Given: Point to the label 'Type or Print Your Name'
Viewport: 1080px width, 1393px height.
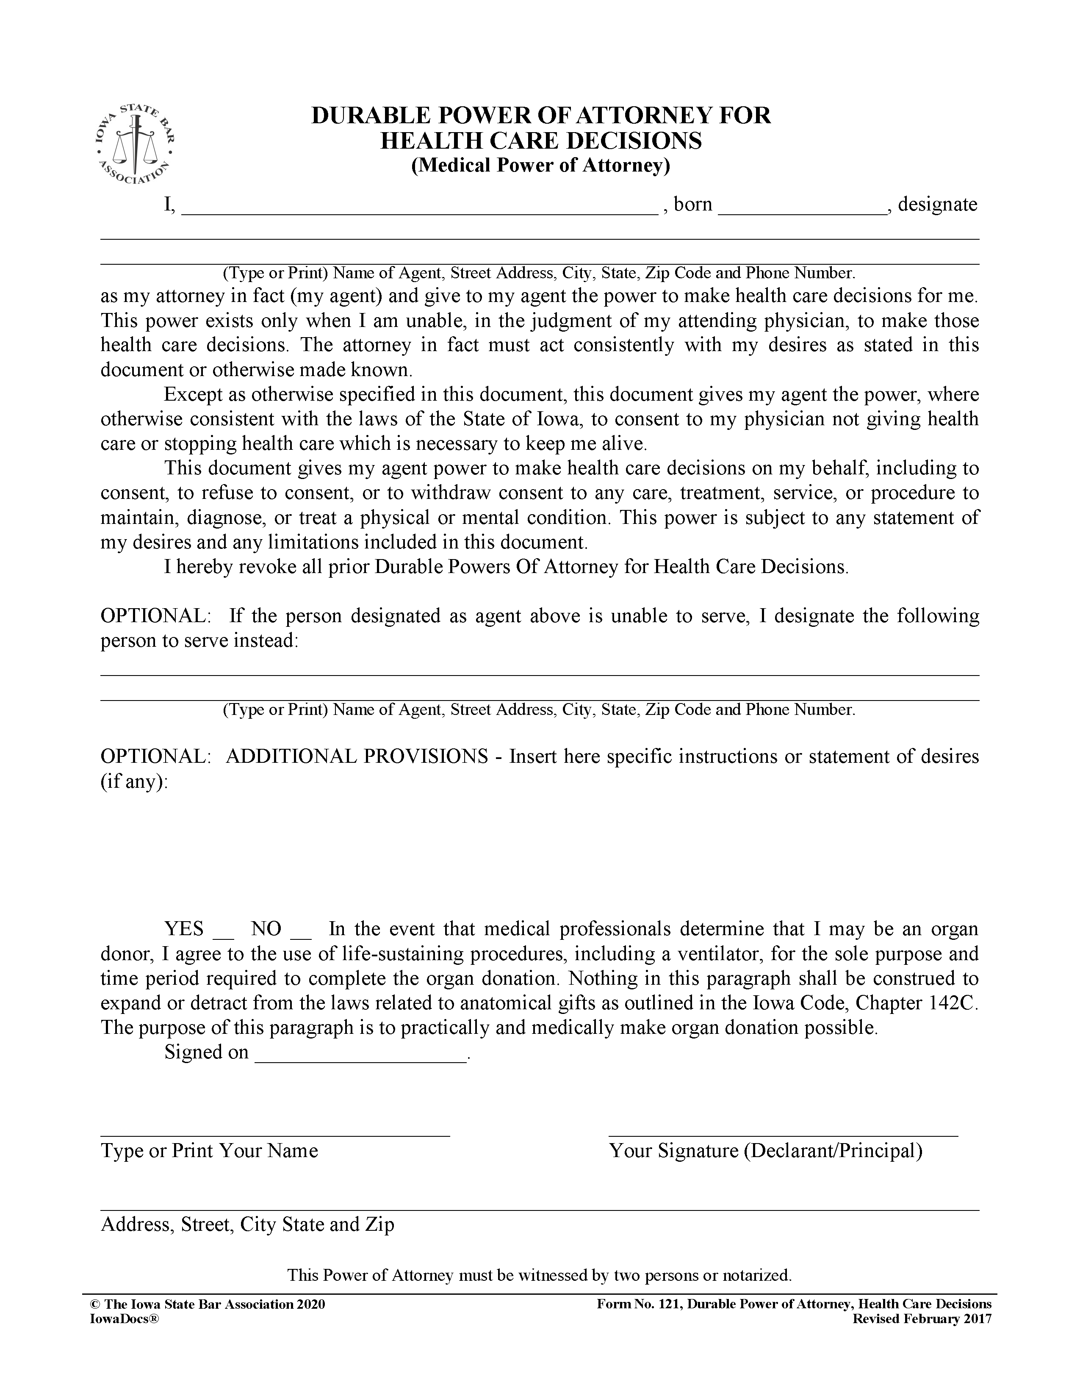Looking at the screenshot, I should tap(209, 1151).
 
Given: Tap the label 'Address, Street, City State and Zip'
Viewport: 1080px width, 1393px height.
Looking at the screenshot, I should tap(247, 1224).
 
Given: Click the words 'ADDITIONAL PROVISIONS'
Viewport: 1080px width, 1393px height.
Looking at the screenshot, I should tap(357, 756).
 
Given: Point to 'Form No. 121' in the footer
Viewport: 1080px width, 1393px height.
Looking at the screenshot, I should tap(639, 1304).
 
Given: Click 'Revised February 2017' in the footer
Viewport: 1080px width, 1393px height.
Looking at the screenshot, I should tap(922, 1319).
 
